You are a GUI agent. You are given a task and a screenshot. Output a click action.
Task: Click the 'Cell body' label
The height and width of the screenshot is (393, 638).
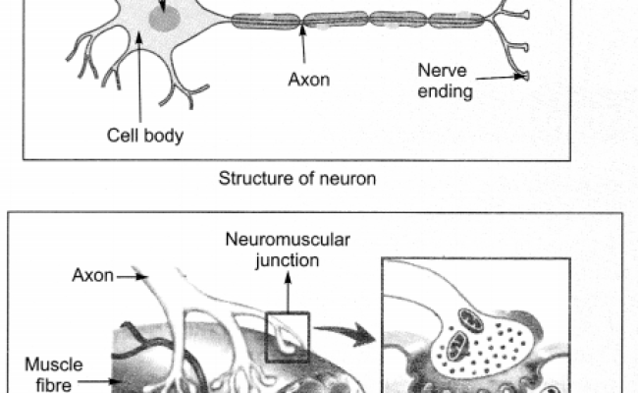point(144,135)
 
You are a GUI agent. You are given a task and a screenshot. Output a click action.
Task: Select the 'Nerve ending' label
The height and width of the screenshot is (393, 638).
point(445,82)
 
